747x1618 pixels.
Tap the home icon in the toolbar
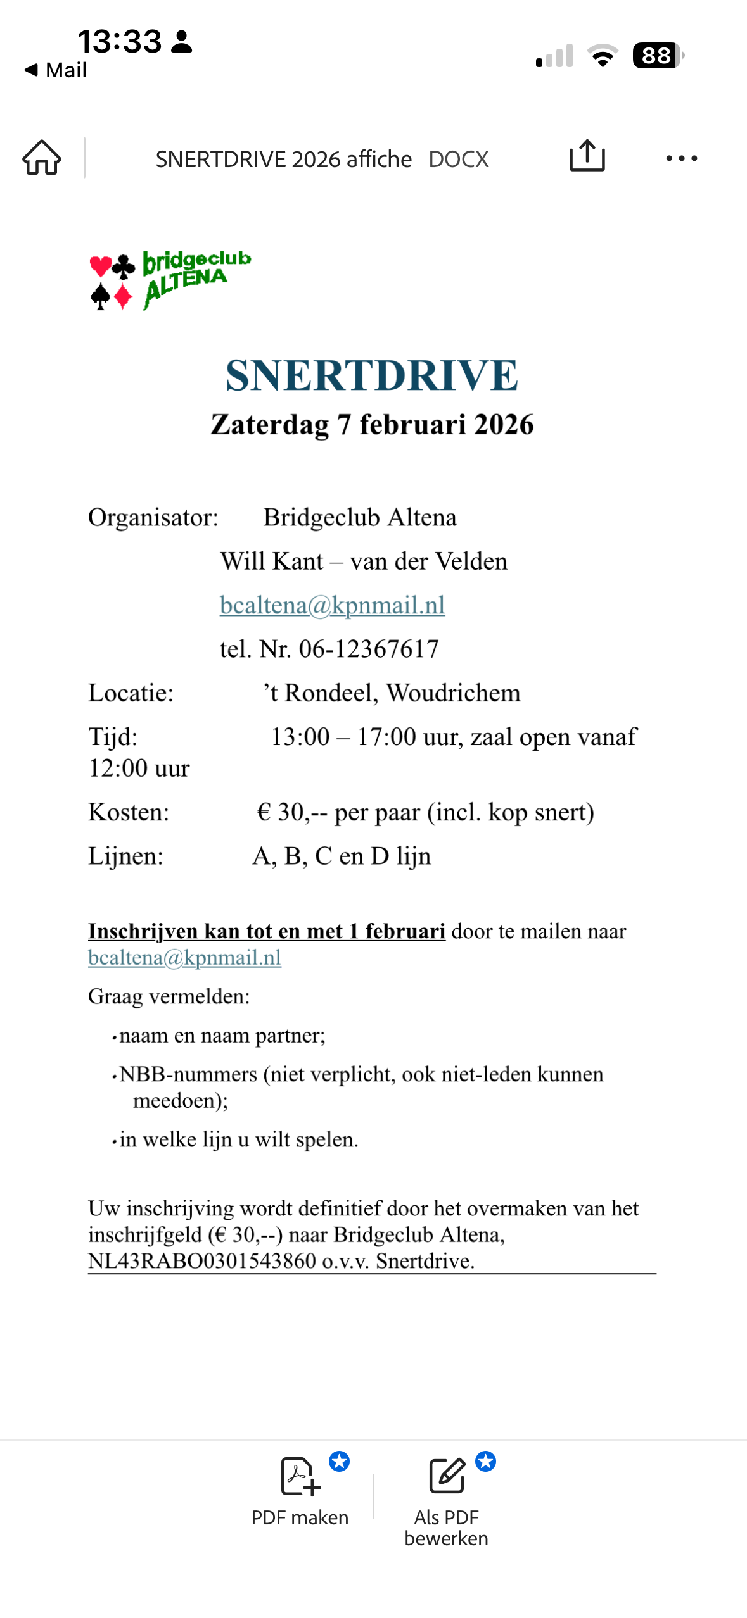(x=42, y=158)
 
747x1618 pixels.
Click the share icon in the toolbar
(x=587, y=156)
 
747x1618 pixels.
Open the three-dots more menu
(x=681, y=158)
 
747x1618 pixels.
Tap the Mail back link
(x=56, y=70)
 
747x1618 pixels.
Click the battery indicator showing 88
(x=657, y=56)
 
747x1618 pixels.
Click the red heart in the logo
(x=101, y=266)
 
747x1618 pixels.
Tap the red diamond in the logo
(x=123, y=296)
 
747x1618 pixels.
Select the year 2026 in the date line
(x=504, y=425)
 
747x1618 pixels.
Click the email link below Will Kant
(x=332, y=605)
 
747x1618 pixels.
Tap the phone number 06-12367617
(x=368, y=649)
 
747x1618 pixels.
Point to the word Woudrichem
(x=453, y=693)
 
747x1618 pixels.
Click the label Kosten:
(x=129, y=812)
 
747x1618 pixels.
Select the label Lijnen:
(x=125, y=856)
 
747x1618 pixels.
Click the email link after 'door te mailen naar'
(x=184, y=958)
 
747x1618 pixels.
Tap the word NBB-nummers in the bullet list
(x=188, y=1074)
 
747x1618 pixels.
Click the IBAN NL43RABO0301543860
(x=202, y=1261)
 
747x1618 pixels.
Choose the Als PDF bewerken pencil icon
(x=447, y=1476)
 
